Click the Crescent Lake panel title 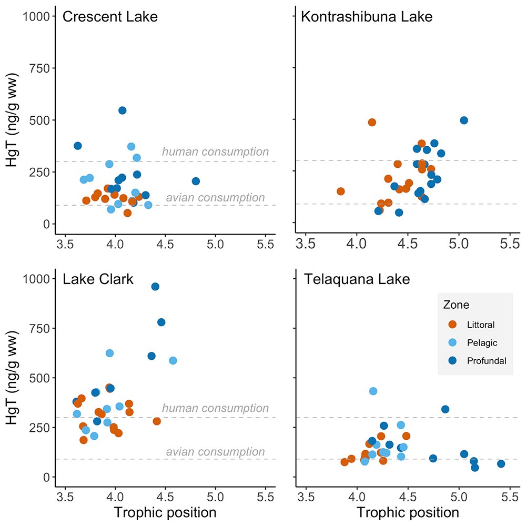pyautogui.click(x=110, y=17)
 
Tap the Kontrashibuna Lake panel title pyautogui.click(x=366, y=17)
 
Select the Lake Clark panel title pyautogui.click(x=98, y=279)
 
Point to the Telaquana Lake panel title pyautogui.click(x=357, y=279)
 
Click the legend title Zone pyautogui.click(x=456, y=305)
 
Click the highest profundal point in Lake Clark pyautogui.click(x=155, y=287)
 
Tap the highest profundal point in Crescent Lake pyautogui.click(x=122, y=110)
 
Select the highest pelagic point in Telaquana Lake pyautogui.click(x=373, y=391)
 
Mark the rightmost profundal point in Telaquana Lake pyautogui.click(x=501, y=463)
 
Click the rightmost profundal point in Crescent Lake pyautogui.click(x=196, y=181)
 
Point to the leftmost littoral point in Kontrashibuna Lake pyautogui.click(x=340, y=191)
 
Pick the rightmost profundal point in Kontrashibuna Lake pyautogui.click(x=463, y=120)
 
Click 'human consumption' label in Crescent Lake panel pyautogui.click(x=215, y=152)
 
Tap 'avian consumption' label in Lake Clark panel pyautogui.click(x=215, y=452)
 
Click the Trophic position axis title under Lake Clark pyautogui.click(x=165, y=512)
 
